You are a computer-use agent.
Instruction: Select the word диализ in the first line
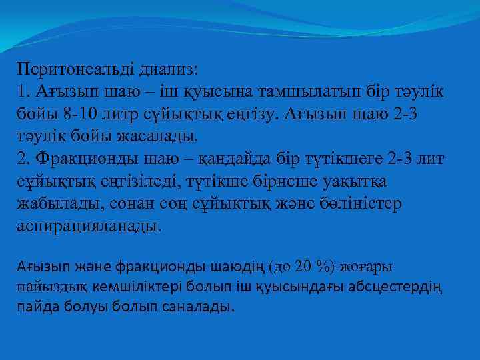[167, 69]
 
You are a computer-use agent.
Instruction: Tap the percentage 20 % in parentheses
[312, 267]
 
